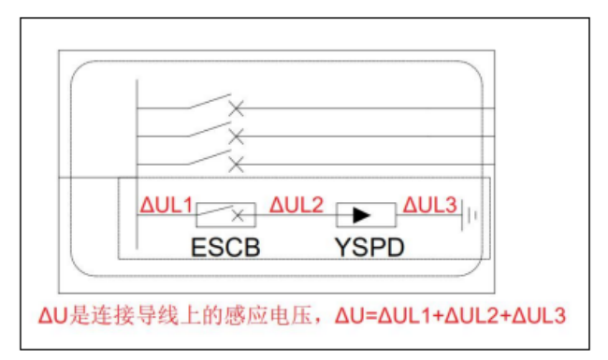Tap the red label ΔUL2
pyautogui.click(x=297, y=203)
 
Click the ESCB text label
pyautogui.click(x=225, y=247)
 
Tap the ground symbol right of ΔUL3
pyautogui.click(x=470, y=216)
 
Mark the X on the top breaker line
pyautogui.click(x=237, y=109)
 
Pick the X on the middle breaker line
pyautogui.click(x=237, y=137)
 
